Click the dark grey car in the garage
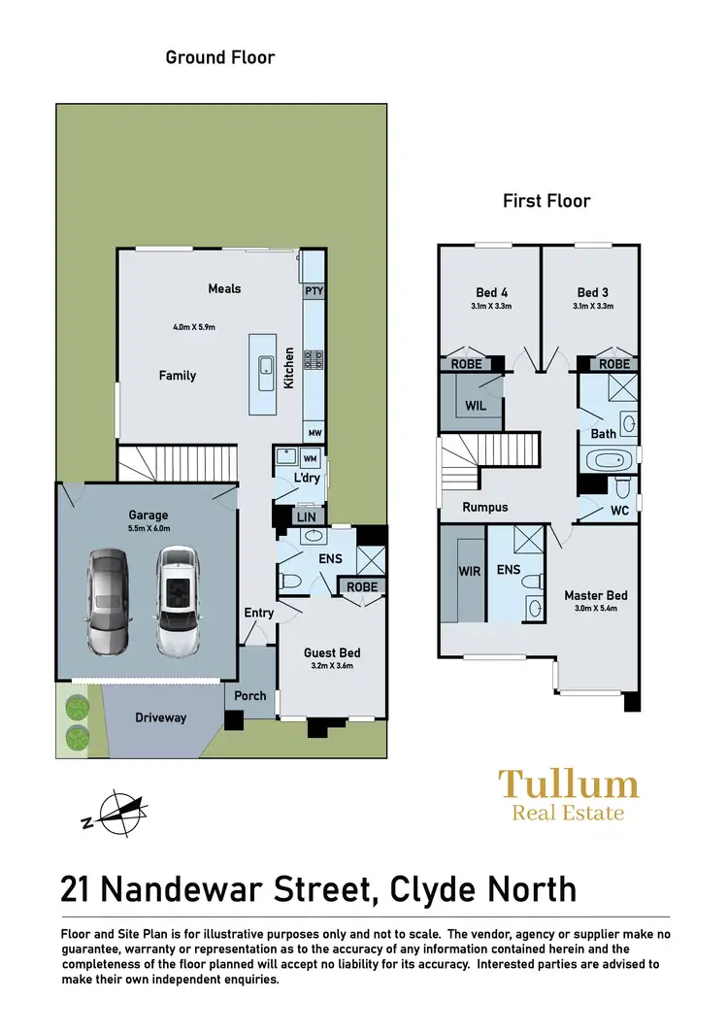point(108,602)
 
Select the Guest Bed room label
point(332,653)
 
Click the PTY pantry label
point(314,291)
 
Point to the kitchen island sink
point(265,366)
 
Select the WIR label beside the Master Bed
point(470,572)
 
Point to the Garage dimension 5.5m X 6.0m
point(149,529)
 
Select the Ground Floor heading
point(220,57)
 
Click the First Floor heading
point(546,201)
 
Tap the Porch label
point(250,697)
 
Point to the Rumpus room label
point(485,507)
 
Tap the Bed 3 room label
point(593,292)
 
